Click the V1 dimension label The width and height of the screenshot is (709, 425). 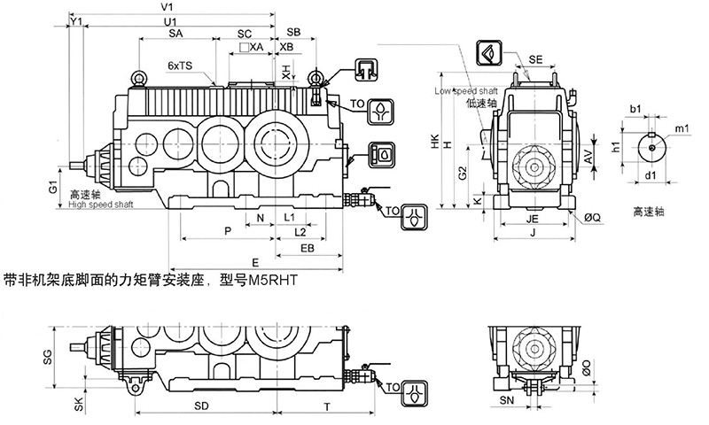pos(167,7)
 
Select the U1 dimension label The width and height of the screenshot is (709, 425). pos(170,19)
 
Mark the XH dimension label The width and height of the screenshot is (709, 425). pos(286,71)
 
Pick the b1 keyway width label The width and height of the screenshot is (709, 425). pos(635,109)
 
